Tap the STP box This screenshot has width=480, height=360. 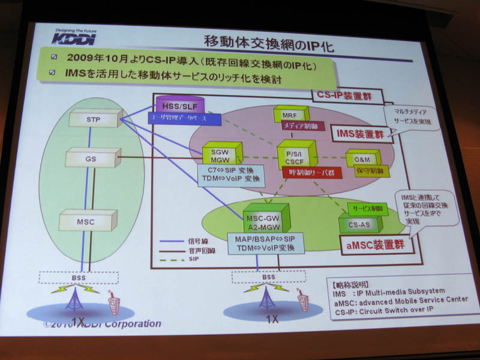point(93,119)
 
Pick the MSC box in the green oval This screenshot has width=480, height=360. point(85,221)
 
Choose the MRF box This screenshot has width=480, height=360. point(290,113)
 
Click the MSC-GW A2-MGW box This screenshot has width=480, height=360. point(265,215)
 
